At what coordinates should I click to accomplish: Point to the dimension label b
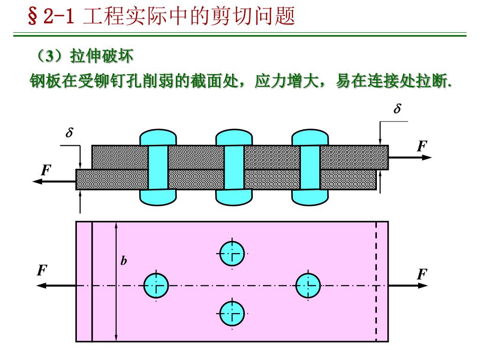tap(123, 261)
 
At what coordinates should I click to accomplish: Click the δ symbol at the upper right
tap(397, 110)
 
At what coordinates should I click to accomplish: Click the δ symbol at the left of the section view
tap(69, 133)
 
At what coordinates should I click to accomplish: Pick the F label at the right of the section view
tap(422, 146)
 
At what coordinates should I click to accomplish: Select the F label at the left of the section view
tap(45, 170)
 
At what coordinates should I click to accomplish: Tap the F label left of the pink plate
tap(42, 271)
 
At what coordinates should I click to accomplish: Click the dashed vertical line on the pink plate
tap(376, 281)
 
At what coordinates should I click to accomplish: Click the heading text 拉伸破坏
tap(102, 57)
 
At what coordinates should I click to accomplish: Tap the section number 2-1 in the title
tap(59, 17)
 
